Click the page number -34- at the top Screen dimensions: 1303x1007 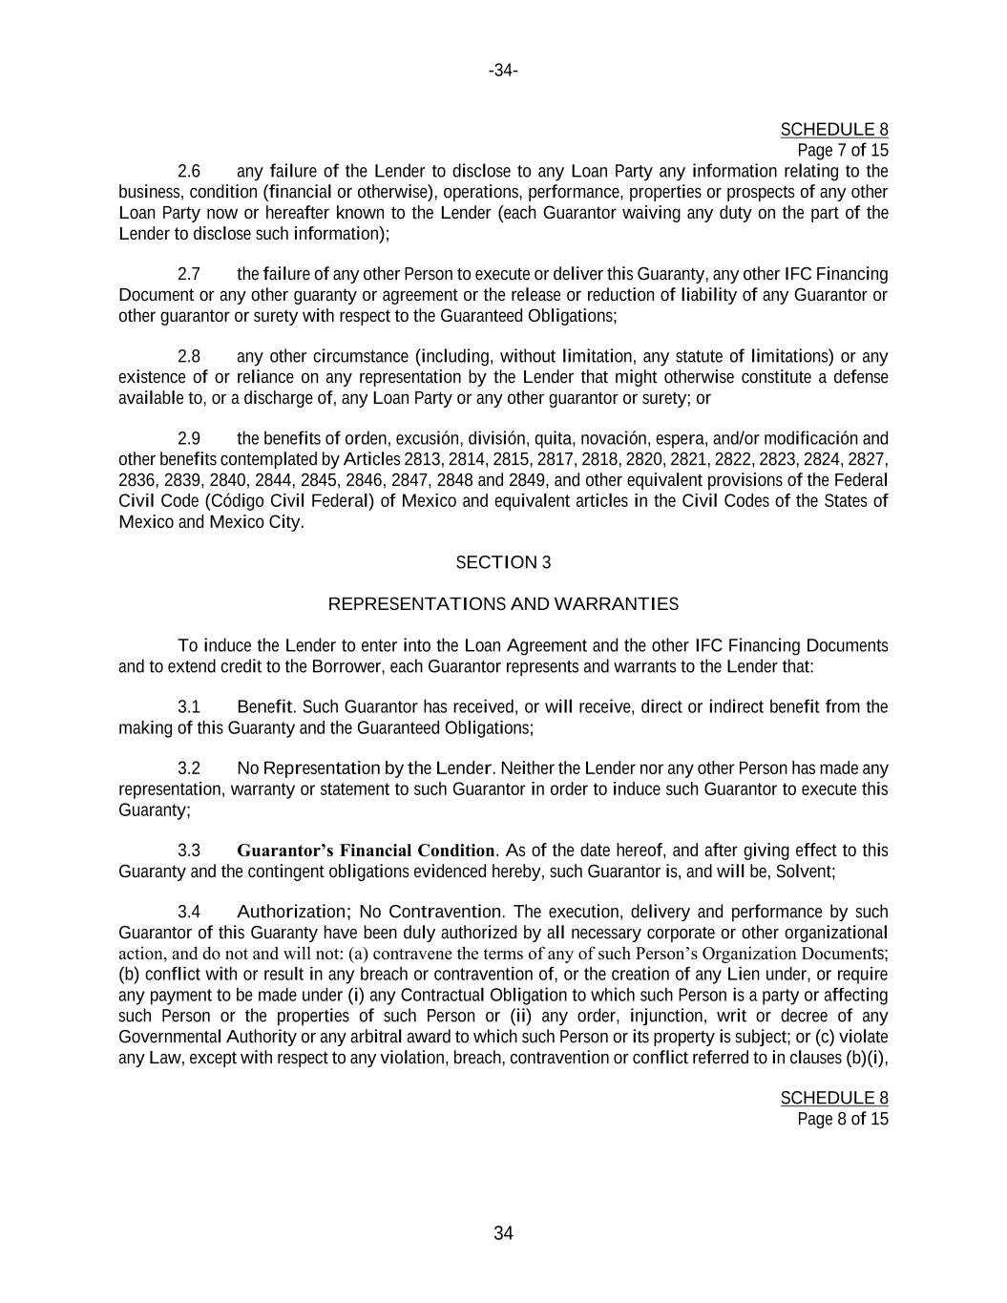coord(503,71)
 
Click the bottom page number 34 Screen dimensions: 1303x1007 coord(503,1233)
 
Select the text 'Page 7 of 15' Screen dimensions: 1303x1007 coord(843,150)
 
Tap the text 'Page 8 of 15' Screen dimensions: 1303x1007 coord(843,1119)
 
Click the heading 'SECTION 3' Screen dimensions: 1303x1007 coord(503,562)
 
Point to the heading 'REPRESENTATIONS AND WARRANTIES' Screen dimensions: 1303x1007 coord(503,604)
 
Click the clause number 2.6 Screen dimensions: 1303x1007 coord(189,172)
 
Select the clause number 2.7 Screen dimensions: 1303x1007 coord(189,275)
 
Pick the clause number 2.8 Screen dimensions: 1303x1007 coord(189,357)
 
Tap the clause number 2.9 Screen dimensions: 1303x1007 coord(189,439)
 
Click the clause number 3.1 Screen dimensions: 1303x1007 coord(189,707)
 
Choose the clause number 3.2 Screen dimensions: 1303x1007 coord(189,768)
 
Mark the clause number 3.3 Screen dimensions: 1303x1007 coord(189,851)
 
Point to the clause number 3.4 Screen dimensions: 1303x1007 coord(189,912)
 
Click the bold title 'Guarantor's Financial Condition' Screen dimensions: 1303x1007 coord(366,851)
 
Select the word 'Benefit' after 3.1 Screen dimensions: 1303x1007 coord(264,707)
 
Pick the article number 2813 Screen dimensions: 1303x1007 coord(424,460)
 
